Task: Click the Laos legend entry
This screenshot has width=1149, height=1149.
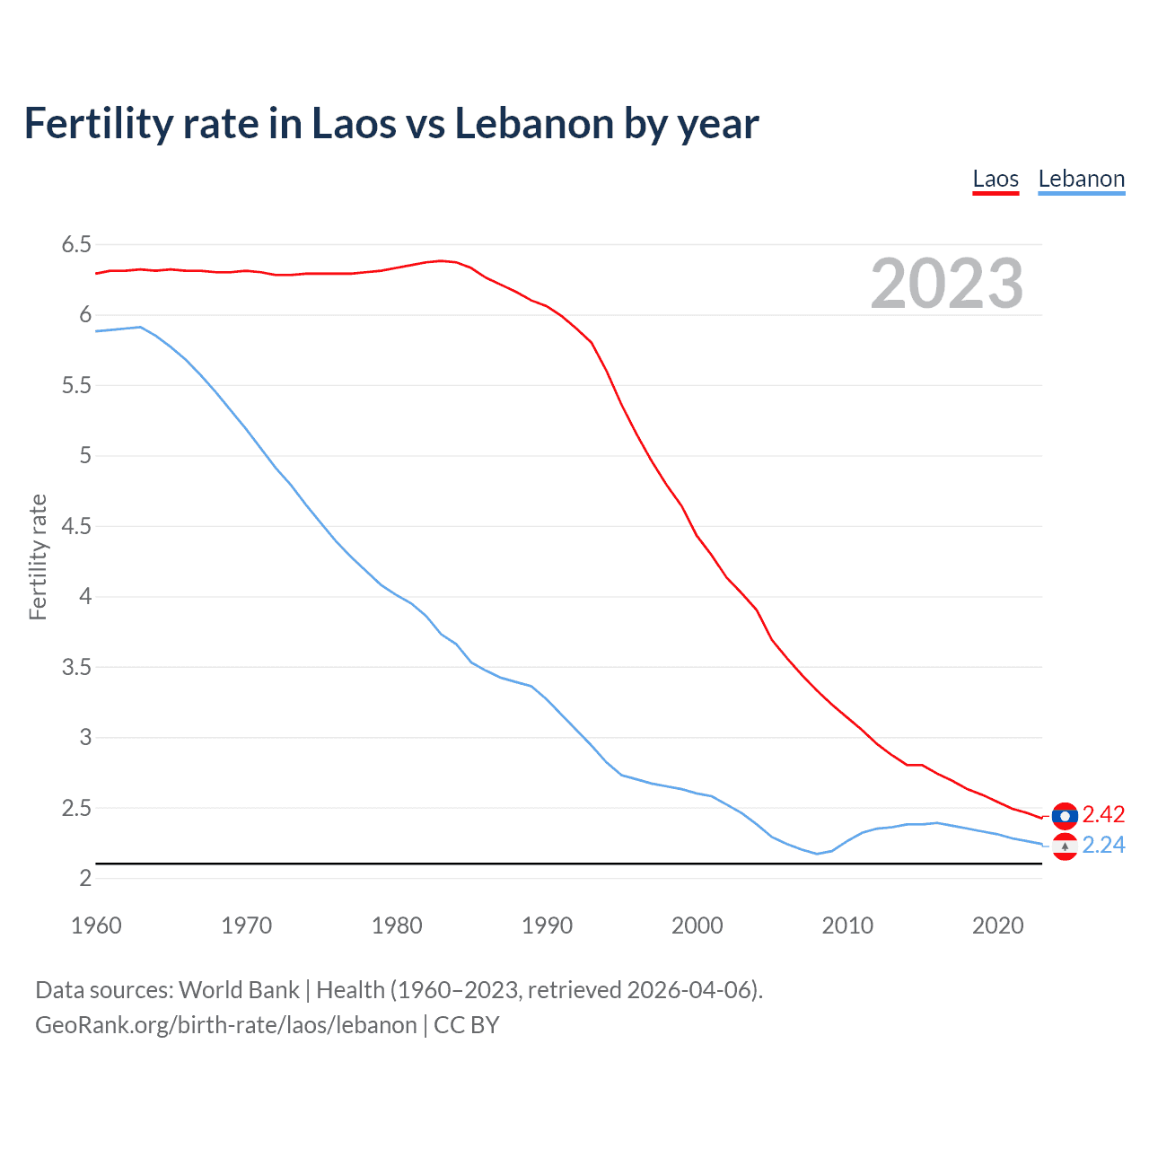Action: click(x=996, y=179)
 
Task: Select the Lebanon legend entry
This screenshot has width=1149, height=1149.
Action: click(x=1081, y=179)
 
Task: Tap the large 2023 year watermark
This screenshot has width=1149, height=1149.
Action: click(x=947, y=284)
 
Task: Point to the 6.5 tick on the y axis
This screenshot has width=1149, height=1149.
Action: click(x=76, y=245)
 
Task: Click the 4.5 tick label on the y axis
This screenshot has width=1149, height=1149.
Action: click(x=76, y=526)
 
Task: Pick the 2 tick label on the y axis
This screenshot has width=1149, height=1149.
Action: click(x=85, y=878)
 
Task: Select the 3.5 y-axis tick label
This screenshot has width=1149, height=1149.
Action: click(x=76, y=667)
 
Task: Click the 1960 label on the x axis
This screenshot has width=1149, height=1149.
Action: click(x=96, y=925)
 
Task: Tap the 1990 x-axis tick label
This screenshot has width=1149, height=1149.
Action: click(x=547, y=925)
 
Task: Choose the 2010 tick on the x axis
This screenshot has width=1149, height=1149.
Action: click(x=847, y=925)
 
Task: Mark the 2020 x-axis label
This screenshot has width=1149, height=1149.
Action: click(x=997, y=925)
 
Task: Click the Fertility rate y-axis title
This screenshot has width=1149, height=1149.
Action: click(x=38, y=557)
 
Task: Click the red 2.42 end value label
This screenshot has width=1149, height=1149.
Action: click(x=1103, y=814)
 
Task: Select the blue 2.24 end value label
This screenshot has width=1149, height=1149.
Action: click(x=1103, y=846)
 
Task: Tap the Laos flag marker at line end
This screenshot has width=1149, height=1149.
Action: click(x=1065, y=816)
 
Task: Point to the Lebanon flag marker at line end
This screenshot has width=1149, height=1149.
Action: click(x=1065, y=846)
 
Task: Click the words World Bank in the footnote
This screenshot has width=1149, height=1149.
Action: click(x=239, y=989)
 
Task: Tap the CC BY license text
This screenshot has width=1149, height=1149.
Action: click(x=466, y=1025)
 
